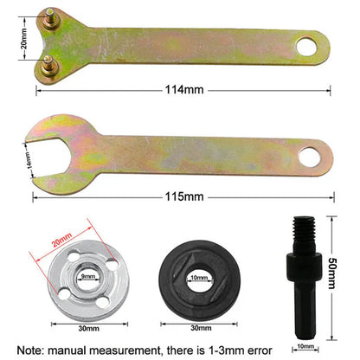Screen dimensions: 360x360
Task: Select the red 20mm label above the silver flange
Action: (x=62, y=244)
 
